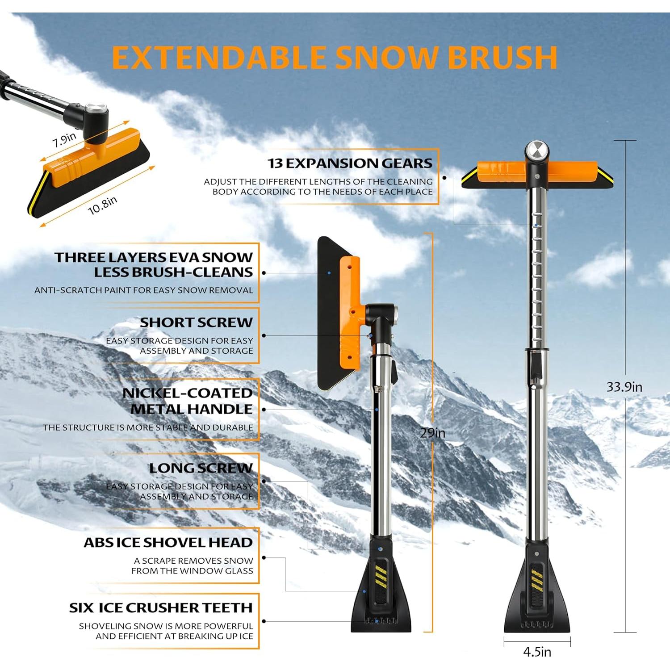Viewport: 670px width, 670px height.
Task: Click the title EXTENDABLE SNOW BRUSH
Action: (335, 57)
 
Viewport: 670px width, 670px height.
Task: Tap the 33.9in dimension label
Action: (624, 387)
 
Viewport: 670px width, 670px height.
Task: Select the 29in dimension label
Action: (432, 432)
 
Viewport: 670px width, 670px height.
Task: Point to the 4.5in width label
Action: (537, 652)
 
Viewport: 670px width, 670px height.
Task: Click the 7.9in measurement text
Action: (64, 140)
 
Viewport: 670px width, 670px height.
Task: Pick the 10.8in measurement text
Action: (102, 205)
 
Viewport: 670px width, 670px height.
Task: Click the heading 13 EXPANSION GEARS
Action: (350, 163)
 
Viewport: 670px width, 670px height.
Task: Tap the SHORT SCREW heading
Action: (196, 322)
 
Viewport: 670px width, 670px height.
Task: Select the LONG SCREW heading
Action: (201, 468)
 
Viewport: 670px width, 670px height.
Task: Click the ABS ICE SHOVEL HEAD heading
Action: (168, 542)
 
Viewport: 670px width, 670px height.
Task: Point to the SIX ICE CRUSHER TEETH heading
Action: (161, 607)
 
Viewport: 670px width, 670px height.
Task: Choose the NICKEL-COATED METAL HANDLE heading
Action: (187, 401)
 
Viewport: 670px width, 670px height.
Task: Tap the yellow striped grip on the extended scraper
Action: (536, 578)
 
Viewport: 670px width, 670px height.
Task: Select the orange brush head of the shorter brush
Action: (349, 313)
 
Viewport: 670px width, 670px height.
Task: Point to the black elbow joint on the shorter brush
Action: (380, 315)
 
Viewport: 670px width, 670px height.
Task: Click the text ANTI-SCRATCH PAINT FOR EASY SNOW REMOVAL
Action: (143, 290)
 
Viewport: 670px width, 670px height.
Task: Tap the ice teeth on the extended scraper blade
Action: (537, 624)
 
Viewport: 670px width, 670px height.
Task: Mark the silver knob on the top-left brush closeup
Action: (95, 109)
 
